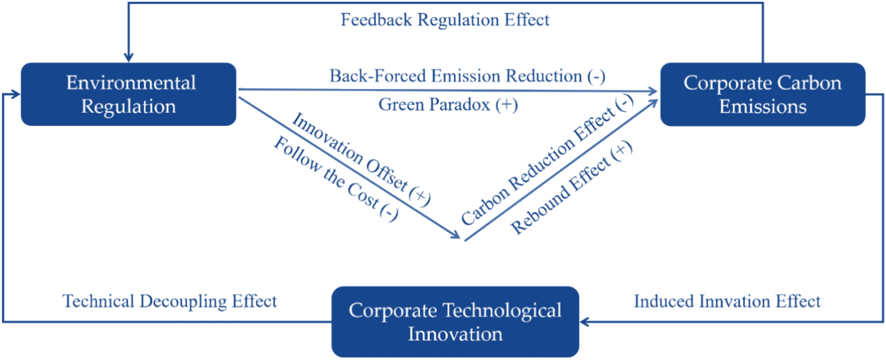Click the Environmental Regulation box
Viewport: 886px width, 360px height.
click(x=128, y=94)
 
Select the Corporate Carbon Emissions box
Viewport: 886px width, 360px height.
click(x=763, y=94)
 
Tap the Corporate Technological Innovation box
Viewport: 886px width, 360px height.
click(x=455, y=322)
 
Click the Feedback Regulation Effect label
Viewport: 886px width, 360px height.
click(x=445, y=20)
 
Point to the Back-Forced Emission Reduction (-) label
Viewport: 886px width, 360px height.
click(x=467, y=76)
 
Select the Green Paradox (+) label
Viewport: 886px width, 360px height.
click(x=448, y=105)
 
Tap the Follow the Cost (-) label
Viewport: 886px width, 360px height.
click(x=336, y=178)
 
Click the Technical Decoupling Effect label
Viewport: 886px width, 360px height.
click(x=169, y=301)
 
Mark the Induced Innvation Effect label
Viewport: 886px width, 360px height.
click(x=727, y=301)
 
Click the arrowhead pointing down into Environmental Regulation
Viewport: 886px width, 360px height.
click(x=128, y=57)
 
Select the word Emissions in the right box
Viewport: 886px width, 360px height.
click(x=763, y=107)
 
